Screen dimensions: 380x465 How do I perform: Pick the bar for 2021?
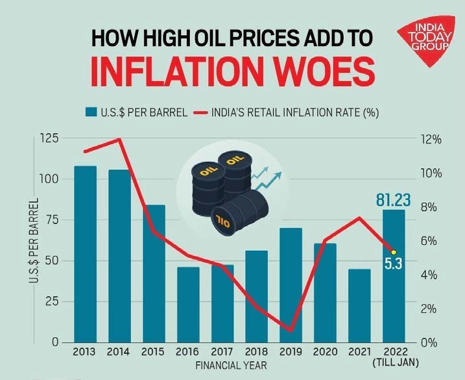click(359, 305)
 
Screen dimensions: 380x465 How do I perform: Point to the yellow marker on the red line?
click(393, 252)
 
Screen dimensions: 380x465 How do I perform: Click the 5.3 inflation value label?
click(392, 264)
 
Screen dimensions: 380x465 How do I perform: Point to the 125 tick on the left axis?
click(49, 138)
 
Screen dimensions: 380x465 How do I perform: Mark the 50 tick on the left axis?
click(52, 260)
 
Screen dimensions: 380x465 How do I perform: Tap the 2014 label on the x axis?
click(119, 353)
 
